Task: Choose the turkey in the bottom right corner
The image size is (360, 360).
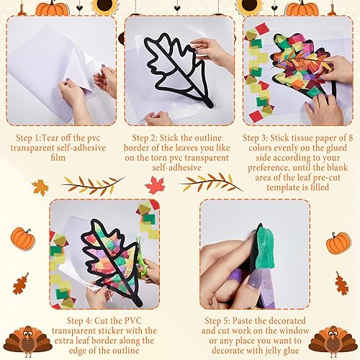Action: tap(339, 342)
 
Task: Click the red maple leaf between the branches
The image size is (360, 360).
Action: tap(155, 185)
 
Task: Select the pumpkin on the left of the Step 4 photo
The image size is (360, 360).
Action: tap(23, 238)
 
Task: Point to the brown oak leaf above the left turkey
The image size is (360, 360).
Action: tap(20, 284)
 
